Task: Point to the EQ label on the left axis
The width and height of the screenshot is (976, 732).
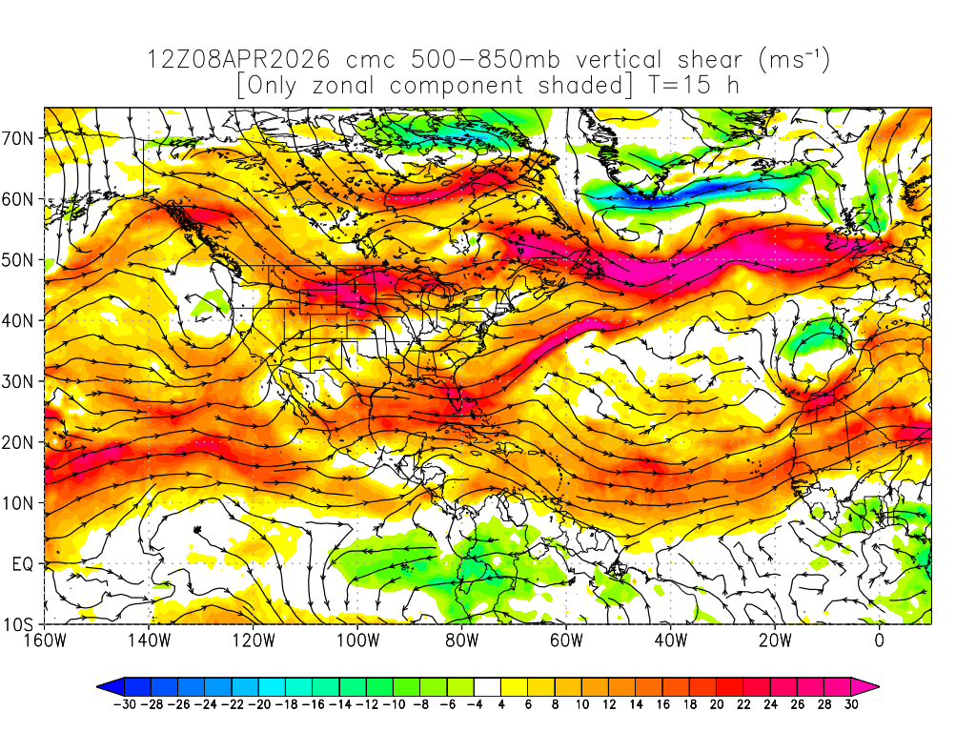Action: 24,564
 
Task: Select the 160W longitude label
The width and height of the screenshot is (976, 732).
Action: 45,640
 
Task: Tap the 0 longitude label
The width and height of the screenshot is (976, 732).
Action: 879,640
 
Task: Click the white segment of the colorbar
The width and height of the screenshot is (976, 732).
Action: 488,685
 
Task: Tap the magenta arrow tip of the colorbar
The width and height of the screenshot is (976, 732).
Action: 869,685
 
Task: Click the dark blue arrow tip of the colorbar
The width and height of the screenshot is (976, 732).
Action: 107,685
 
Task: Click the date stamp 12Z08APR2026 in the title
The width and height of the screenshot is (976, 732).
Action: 238,59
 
